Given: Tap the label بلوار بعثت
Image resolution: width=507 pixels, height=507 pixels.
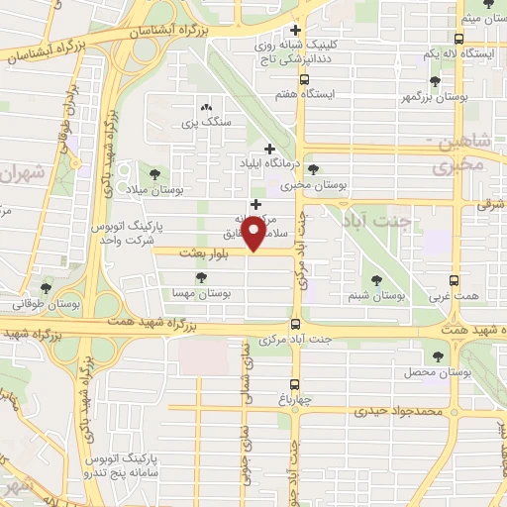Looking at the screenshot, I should point(205,254).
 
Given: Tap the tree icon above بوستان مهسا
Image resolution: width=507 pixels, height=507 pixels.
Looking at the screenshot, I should point(202,278).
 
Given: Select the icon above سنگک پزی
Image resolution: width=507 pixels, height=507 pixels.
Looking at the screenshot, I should point(206,108).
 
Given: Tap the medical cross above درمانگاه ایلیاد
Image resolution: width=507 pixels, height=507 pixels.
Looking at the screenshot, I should point(269,148).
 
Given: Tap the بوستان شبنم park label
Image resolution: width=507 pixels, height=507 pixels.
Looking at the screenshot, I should point(377,295).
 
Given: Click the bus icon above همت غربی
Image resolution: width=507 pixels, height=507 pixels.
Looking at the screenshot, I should point(455,280).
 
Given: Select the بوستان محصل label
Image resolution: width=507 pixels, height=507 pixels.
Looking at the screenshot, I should point(435,372).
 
